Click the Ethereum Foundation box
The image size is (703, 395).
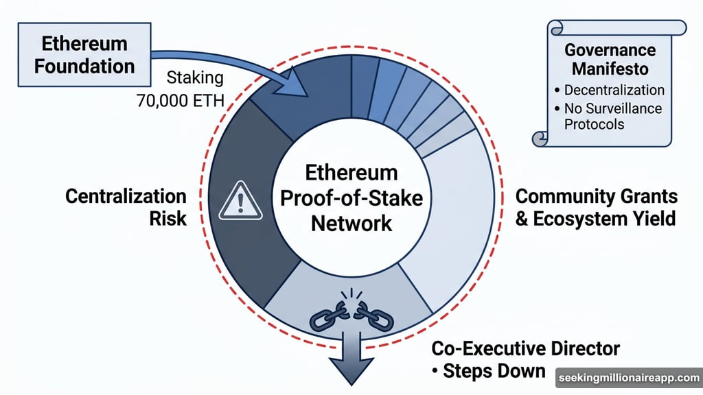pos(84,55)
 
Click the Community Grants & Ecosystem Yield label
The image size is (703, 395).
pos(596,208)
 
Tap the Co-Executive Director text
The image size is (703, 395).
pos(525,348)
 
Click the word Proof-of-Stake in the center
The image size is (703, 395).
pos(351,197)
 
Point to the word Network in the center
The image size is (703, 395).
pos(351,222)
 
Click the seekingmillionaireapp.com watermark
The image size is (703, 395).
pos(627,378)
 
